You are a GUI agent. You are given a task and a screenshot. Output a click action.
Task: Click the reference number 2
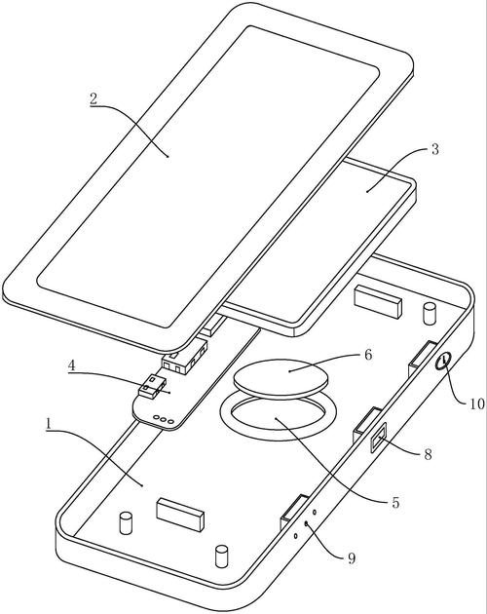94,98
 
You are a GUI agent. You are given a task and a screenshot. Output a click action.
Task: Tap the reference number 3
435,149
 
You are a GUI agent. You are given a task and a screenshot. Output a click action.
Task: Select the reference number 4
72,365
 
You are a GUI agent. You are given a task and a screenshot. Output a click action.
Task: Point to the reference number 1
49,424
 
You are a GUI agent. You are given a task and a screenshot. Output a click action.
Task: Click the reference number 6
368,355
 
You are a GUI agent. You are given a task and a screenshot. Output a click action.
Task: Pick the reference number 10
477,403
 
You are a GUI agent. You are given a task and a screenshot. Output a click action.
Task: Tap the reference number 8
428,454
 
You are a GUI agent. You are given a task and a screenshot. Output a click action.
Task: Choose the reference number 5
395,502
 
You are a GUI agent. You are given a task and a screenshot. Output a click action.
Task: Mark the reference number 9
352,558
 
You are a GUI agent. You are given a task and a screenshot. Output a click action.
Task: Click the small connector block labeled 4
152,387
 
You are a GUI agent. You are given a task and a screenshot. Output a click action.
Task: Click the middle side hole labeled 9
306,523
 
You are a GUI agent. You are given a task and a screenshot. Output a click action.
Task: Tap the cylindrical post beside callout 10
430,313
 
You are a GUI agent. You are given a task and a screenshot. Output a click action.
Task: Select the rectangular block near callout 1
180,515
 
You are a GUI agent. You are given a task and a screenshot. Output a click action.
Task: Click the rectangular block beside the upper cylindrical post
378,300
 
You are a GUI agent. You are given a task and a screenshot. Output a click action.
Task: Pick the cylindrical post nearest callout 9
221,556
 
